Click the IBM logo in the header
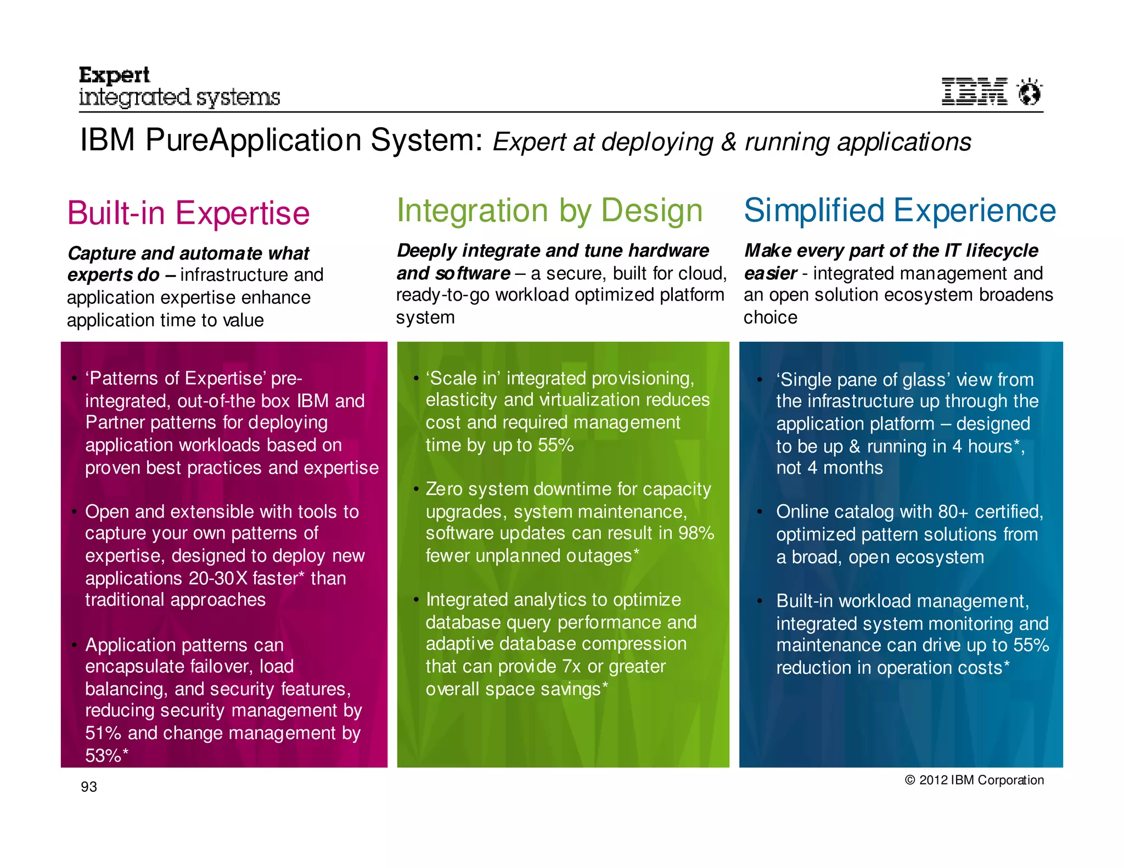pyautogui.click(x=974, y=92)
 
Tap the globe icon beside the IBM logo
pyautogui.click(x=1029, y=92)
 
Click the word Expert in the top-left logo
pyautogui.click(x=114, y=75)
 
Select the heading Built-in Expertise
pyautogui.click(x=188, y=213)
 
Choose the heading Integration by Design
pyautogui.click(x=549, y=211)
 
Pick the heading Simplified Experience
pyautogui.click(x=900, y=211)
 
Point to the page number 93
pyautogui.click(x=89, y=787)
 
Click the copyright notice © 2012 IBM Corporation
pyautogui.click(x=974, y=780)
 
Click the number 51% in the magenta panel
pyautogui.click(x=103, y=733)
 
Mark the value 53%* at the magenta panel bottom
pyautogui.click(x=106, y=756)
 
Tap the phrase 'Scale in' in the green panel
pyautogui.click(x=463, y=379)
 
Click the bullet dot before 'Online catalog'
pyautogui.click(x=760, y=512)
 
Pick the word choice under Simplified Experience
pyautogui.click(x=770, y=318)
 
